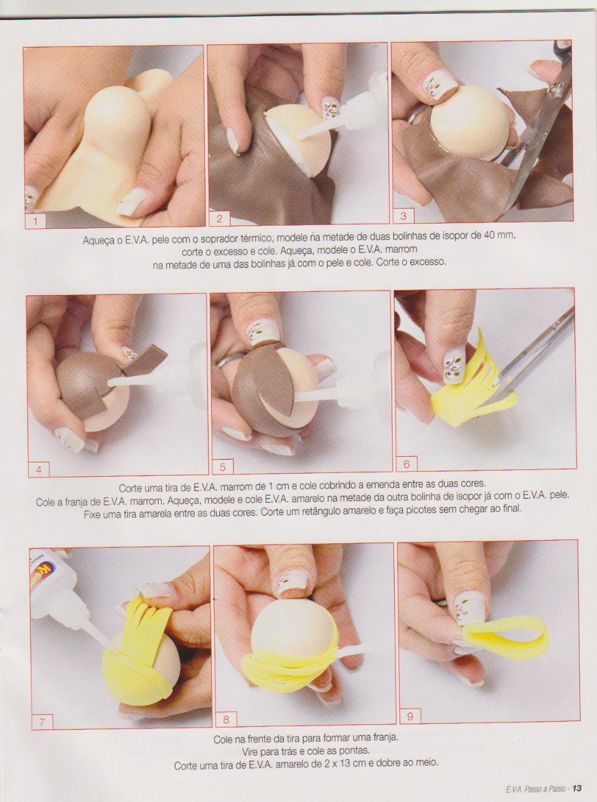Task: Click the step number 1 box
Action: [36, 221]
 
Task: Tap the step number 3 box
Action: [403, 216]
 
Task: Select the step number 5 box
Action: [222, 466]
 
